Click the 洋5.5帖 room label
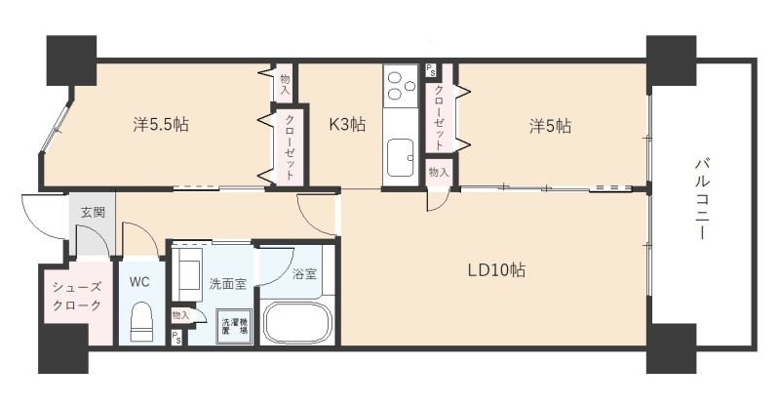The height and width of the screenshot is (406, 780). coord(161,124)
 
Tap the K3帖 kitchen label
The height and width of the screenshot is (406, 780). coord(347,124)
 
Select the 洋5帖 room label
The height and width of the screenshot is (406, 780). coord(550,126)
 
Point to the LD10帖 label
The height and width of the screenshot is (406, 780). coord(496,270)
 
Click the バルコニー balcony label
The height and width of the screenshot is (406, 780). coord(702,199)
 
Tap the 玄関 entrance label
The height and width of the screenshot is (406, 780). coord(93,212)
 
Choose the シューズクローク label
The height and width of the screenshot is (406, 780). coord(77,296)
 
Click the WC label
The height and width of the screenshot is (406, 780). coord(139,282)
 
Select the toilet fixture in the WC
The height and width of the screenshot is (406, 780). coord(140,322)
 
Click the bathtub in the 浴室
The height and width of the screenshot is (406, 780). coord(297,322)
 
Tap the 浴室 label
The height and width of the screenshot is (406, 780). coord(304,274)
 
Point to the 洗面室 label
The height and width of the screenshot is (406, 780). coord(227,284)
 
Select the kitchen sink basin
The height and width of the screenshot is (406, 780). coord(400,157)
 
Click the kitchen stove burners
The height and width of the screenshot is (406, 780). coord(401,86)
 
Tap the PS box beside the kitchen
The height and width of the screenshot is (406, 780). coord(430,70)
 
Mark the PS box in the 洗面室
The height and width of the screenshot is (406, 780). coord(176,338)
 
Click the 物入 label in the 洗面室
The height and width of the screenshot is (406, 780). coord(180,315)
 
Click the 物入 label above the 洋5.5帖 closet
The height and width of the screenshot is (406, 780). coord(285,85)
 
